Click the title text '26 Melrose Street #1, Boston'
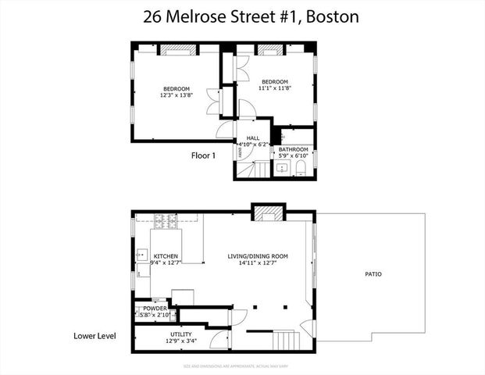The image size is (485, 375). pos(242,16)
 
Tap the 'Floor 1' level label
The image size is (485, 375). pos(208,155)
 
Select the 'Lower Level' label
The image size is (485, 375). pos(95,336)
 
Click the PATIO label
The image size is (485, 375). pos(373,274)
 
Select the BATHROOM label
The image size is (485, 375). pos(294,149)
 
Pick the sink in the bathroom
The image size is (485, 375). pos(282,168)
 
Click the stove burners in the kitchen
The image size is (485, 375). pos(166,222)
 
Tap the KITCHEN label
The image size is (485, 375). pos(166,256)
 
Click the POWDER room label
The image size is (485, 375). pos(154,309)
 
